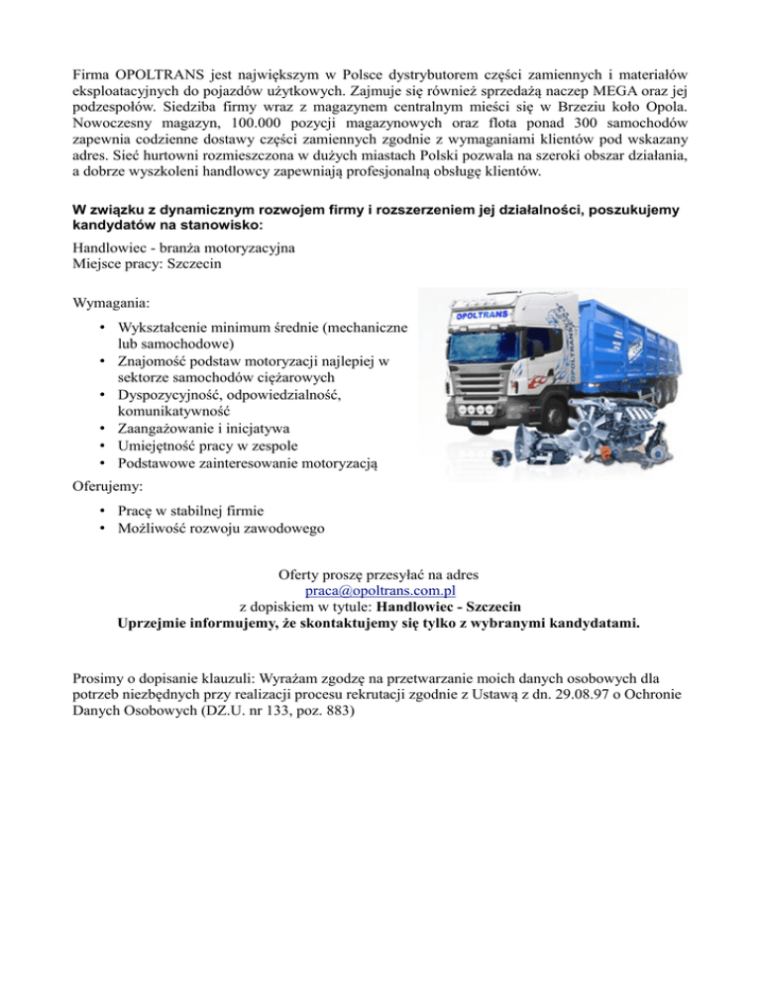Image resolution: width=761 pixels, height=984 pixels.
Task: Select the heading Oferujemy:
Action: [x=107, y=487]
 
